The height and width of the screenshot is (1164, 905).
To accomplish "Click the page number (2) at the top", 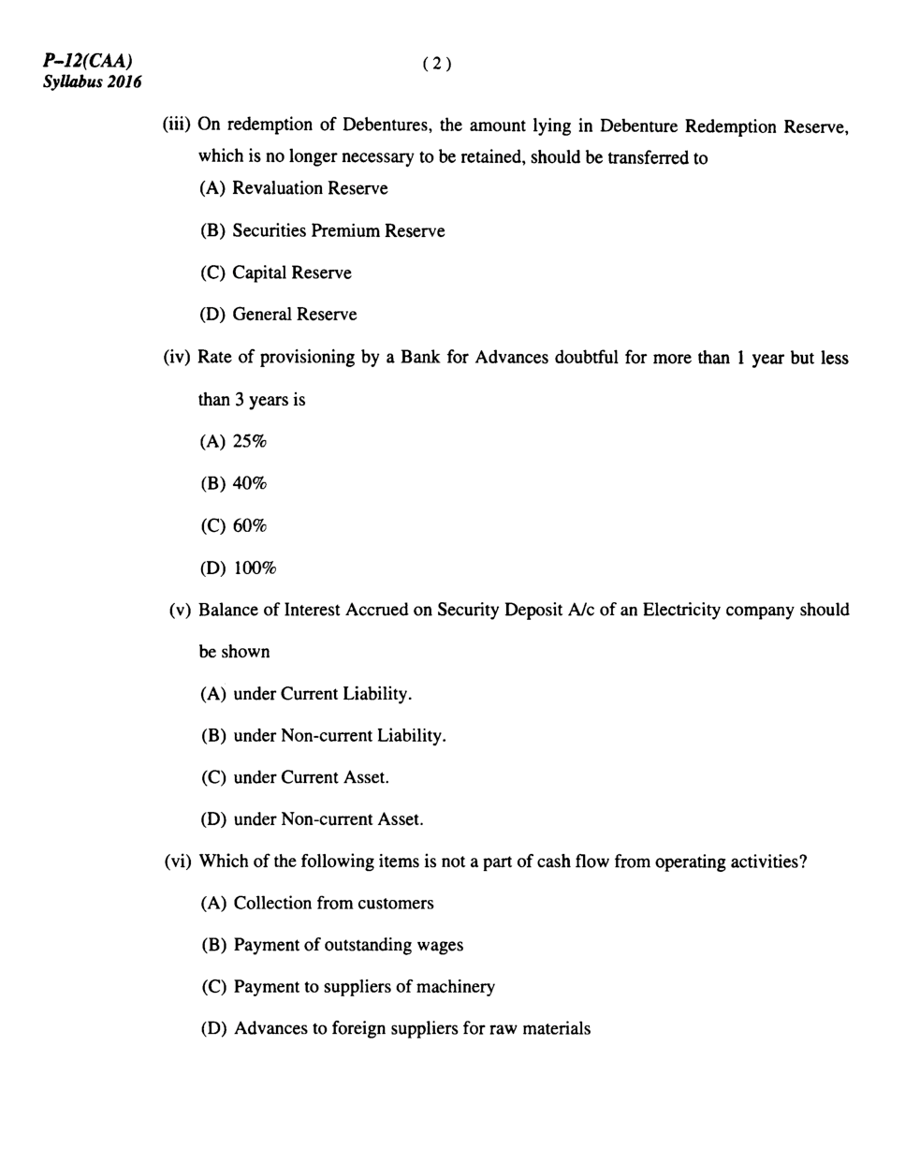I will coord(437,64).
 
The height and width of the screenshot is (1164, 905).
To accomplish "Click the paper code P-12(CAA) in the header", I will coord(87,62).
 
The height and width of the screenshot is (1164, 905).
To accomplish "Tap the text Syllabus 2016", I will coord(92,81).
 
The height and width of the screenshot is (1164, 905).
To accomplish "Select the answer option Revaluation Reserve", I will coord(310,188).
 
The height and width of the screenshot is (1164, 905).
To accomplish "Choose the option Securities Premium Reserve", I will coord(338,230).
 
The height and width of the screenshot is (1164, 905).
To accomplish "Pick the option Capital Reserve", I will coord(291,273).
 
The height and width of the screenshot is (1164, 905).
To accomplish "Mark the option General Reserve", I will coord(294,315).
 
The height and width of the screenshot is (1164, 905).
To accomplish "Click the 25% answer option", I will coord(249,442).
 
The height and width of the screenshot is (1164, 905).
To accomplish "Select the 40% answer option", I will coord(249,484).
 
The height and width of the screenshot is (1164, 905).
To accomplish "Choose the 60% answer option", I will coord(249,526).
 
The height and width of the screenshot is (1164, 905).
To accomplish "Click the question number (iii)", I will coord(177,125).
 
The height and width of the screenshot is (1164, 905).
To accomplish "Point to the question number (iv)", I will coord(177,358).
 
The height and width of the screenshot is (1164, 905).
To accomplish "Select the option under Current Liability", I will coord(322,694).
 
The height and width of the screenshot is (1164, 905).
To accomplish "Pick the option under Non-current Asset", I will coord(328,819).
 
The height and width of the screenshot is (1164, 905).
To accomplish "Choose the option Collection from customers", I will coord(333,904).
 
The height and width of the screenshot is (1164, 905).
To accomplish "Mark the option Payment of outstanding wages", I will coord(348,945).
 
